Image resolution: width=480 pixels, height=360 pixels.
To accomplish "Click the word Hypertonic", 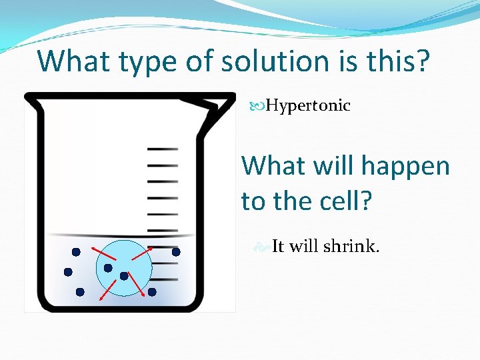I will coord(308,106).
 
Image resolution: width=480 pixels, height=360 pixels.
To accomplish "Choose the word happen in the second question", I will coord(409,165).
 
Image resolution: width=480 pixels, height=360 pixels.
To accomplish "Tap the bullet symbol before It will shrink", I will coord(263,247).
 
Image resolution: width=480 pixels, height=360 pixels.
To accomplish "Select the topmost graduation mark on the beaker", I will coord(162,149).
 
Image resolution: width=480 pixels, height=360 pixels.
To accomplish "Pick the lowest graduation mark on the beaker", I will coord(162,279).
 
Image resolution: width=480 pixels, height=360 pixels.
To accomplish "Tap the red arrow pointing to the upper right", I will coord(141,253).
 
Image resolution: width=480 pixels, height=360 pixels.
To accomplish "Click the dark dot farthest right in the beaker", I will coord(176,252).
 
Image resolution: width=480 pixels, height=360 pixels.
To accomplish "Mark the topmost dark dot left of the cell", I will coord(76,252).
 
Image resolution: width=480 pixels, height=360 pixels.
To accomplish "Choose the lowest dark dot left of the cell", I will coord(80,292).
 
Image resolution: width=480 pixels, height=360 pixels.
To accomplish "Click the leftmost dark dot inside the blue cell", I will coord(108,268).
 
